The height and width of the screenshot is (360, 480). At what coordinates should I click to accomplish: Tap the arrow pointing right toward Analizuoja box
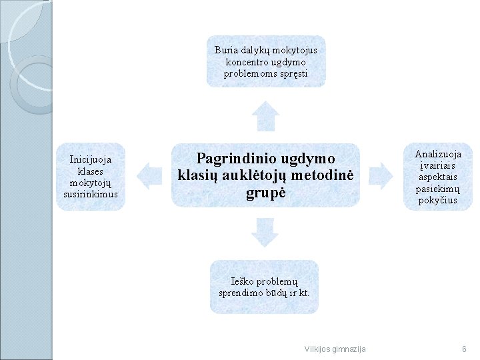tap(381, 175)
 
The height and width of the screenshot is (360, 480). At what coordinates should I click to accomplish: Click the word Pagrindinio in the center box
tap(237, 159)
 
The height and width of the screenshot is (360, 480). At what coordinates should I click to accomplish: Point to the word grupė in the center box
tap(265, 193)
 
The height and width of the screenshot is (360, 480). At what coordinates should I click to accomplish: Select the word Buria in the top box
tap(226, 50)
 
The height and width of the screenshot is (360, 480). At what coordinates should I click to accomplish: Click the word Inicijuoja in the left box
tap(91, 159)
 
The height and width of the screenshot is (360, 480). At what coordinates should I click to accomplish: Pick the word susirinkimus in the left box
tap(91, 194)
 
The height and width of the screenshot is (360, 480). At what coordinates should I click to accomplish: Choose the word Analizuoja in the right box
tap(438, 155)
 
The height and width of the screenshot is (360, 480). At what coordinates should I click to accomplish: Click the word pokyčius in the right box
tap(438, 200)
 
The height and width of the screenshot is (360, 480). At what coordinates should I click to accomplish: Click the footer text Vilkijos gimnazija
tap(335, 349)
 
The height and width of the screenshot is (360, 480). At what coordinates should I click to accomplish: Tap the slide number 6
tap(463, 349)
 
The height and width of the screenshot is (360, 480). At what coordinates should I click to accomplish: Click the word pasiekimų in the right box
tap(438, 189)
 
